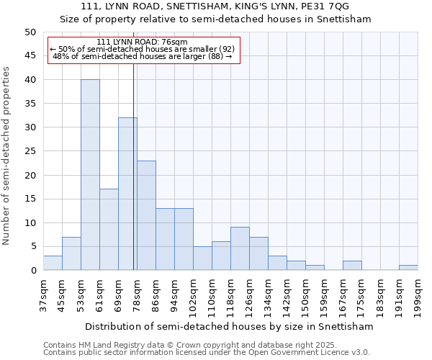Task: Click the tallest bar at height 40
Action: [90, 175]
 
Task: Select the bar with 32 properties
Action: [127, 194]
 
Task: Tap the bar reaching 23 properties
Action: [146, 215]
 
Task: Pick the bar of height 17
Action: [109, 230]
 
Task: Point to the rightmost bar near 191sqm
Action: [408, 268]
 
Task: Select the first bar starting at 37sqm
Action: [53, 263]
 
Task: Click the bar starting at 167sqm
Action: [352, 266]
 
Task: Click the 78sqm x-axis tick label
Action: [137, 294]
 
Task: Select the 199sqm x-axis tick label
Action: [418, 294]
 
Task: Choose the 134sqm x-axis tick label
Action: [268, 294]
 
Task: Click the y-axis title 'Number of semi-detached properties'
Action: [7, 156]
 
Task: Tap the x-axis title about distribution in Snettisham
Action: [229, 326]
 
